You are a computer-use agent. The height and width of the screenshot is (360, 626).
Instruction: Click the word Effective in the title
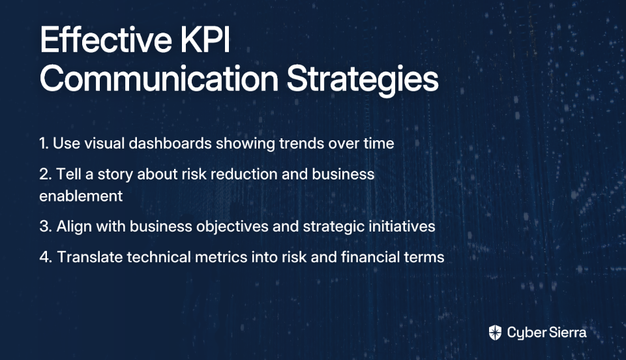point(106,40)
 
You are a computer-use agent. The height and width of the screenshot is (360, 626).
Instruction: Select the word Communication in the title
point(159,79)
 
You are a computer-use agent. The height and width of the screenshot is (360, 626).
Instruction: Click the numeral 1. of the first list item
point(44,143)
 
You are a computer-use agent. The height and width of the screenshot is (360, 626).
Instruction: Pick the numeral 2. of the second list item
point(46,174)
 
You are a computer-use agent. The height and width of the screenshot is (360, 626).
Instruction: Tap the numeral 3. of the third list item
point(46,226)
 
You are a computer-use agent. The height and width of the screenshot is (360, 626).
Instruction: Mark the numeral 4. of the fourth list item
point(46,257)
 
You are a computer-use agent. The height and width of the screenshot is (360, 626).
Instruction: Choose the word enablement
point(81,196)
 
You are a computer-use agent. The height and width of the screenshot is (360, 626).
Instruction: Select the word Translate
point(90,257)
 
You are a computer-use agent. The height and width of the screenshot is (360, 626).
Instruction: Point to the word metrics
point(221,257)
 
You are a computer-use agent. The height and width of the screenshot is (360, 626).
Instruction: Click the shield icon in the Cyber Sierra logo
point(495,333)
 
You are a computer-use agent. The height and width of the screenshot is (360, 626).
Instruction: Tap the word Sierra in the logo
point(567,333)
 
